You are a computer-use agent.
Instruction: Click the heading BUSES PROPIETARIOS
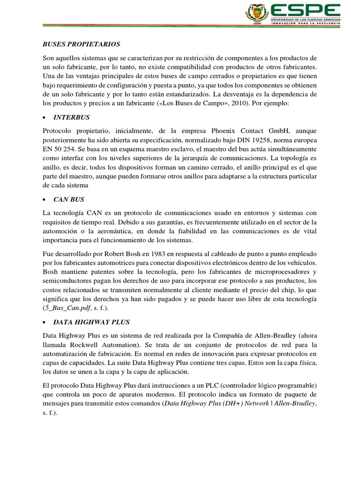pos(79,44)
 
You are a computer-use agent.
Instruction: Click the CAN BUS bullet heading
pos(69,200)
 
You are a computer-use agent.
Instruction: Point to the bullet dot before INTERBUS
pos(44,117)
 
